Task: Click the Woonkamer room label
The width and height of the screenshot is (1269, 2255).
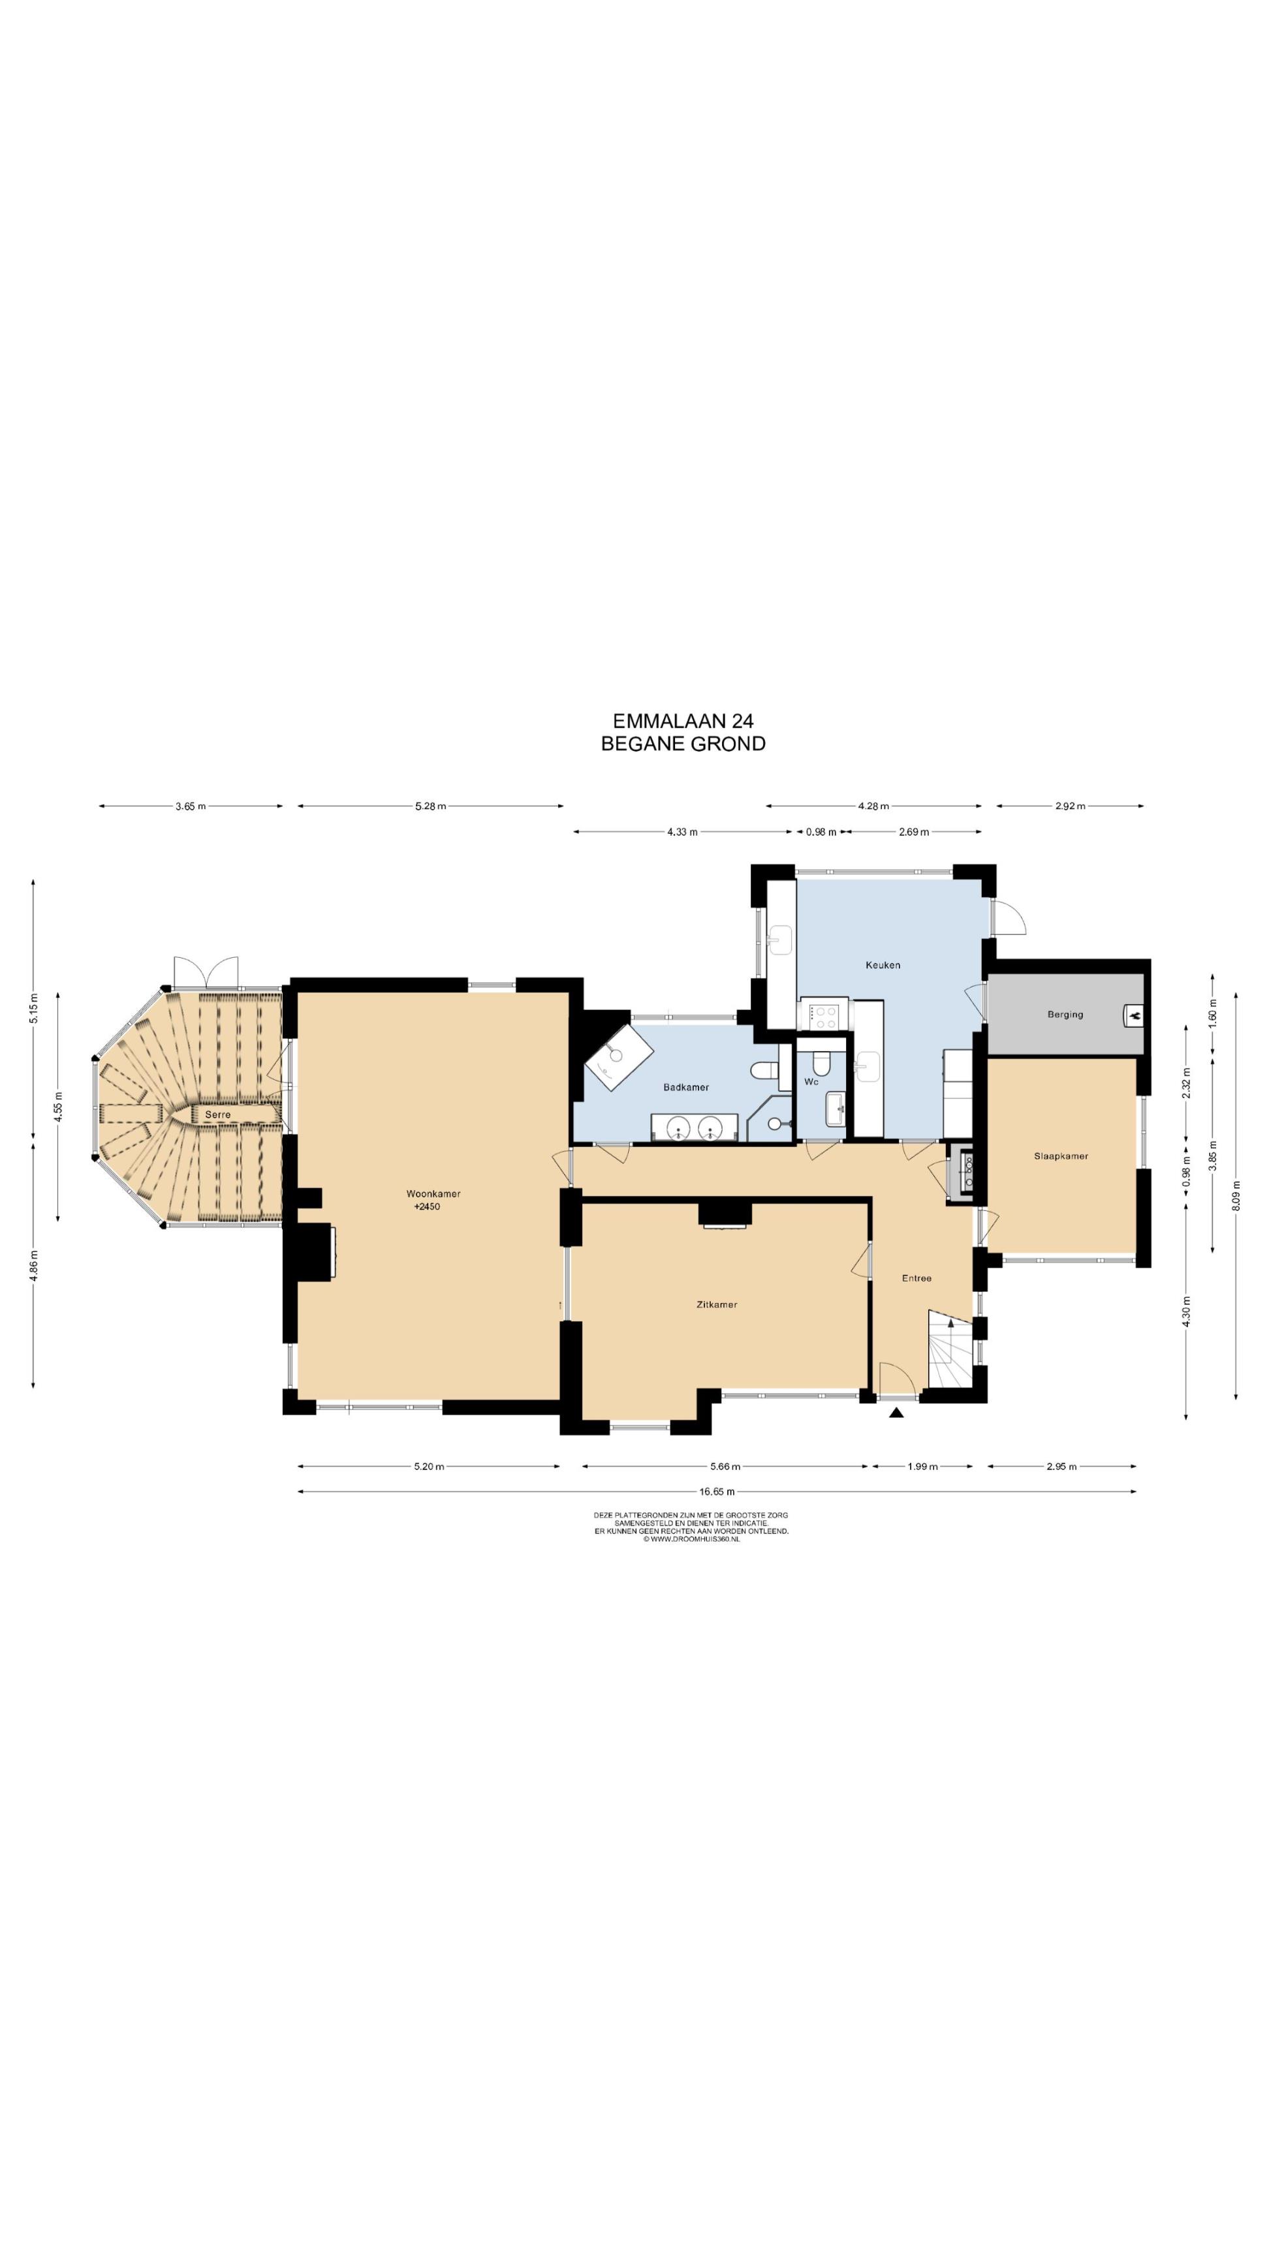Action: (x=433, y=1193)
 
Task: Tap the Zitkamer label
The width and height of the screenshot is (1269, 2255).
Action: (x=716, y=1304)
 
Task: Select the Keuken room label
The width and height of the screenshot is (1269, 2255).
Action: (x=882, y=964)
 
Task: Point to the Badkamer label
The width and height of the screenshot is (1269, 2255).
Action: (x=685, y=1087)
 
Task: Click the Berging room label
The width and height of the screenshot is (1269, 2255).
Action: (x=1065, y=1015)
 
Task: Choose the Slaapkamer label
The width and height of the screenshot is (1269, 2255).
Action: (x=1061, y=1156)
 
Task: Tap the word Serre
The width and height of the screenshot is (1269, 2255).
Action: (x=217, y=1114)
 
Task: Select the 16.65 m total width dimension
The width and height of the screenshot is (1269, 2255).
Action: (x=716, y=1492)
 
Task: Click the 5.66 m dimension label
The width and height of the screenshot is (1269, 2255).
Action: (x=725, y=1466)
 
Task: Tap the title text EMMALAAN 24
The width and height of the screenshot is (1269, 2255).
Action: (x=683, y=720)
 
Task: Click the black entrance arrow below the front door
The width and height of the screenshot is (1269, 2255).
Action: (x=895, y=1412)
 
